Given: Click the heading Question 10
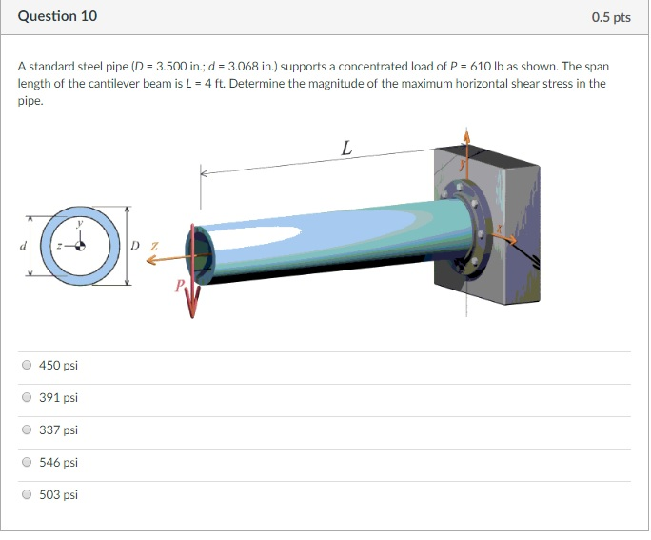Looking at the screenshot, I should [57, 17].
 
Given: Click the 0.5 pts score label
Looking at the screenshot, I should [610, 17].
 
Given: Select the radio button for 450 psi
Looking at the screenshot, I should [27, 365].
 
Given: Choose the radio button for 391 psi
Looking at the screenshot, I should [27, 397].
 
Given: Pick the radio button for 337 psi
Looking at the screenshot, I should [27, 430].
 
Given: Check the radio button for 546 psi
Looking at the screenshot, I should [27, 462].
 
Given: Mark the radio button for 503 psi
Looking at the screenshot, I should [27, 494].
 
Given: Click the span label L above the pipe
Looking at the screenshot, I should [346, 148].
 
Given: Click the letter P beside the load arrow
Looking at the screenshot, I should [179, 286].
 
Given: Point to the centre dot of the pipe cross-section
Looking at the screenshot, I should [80, 246].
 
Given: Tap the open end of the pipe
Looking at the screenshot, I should [203, 253].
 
